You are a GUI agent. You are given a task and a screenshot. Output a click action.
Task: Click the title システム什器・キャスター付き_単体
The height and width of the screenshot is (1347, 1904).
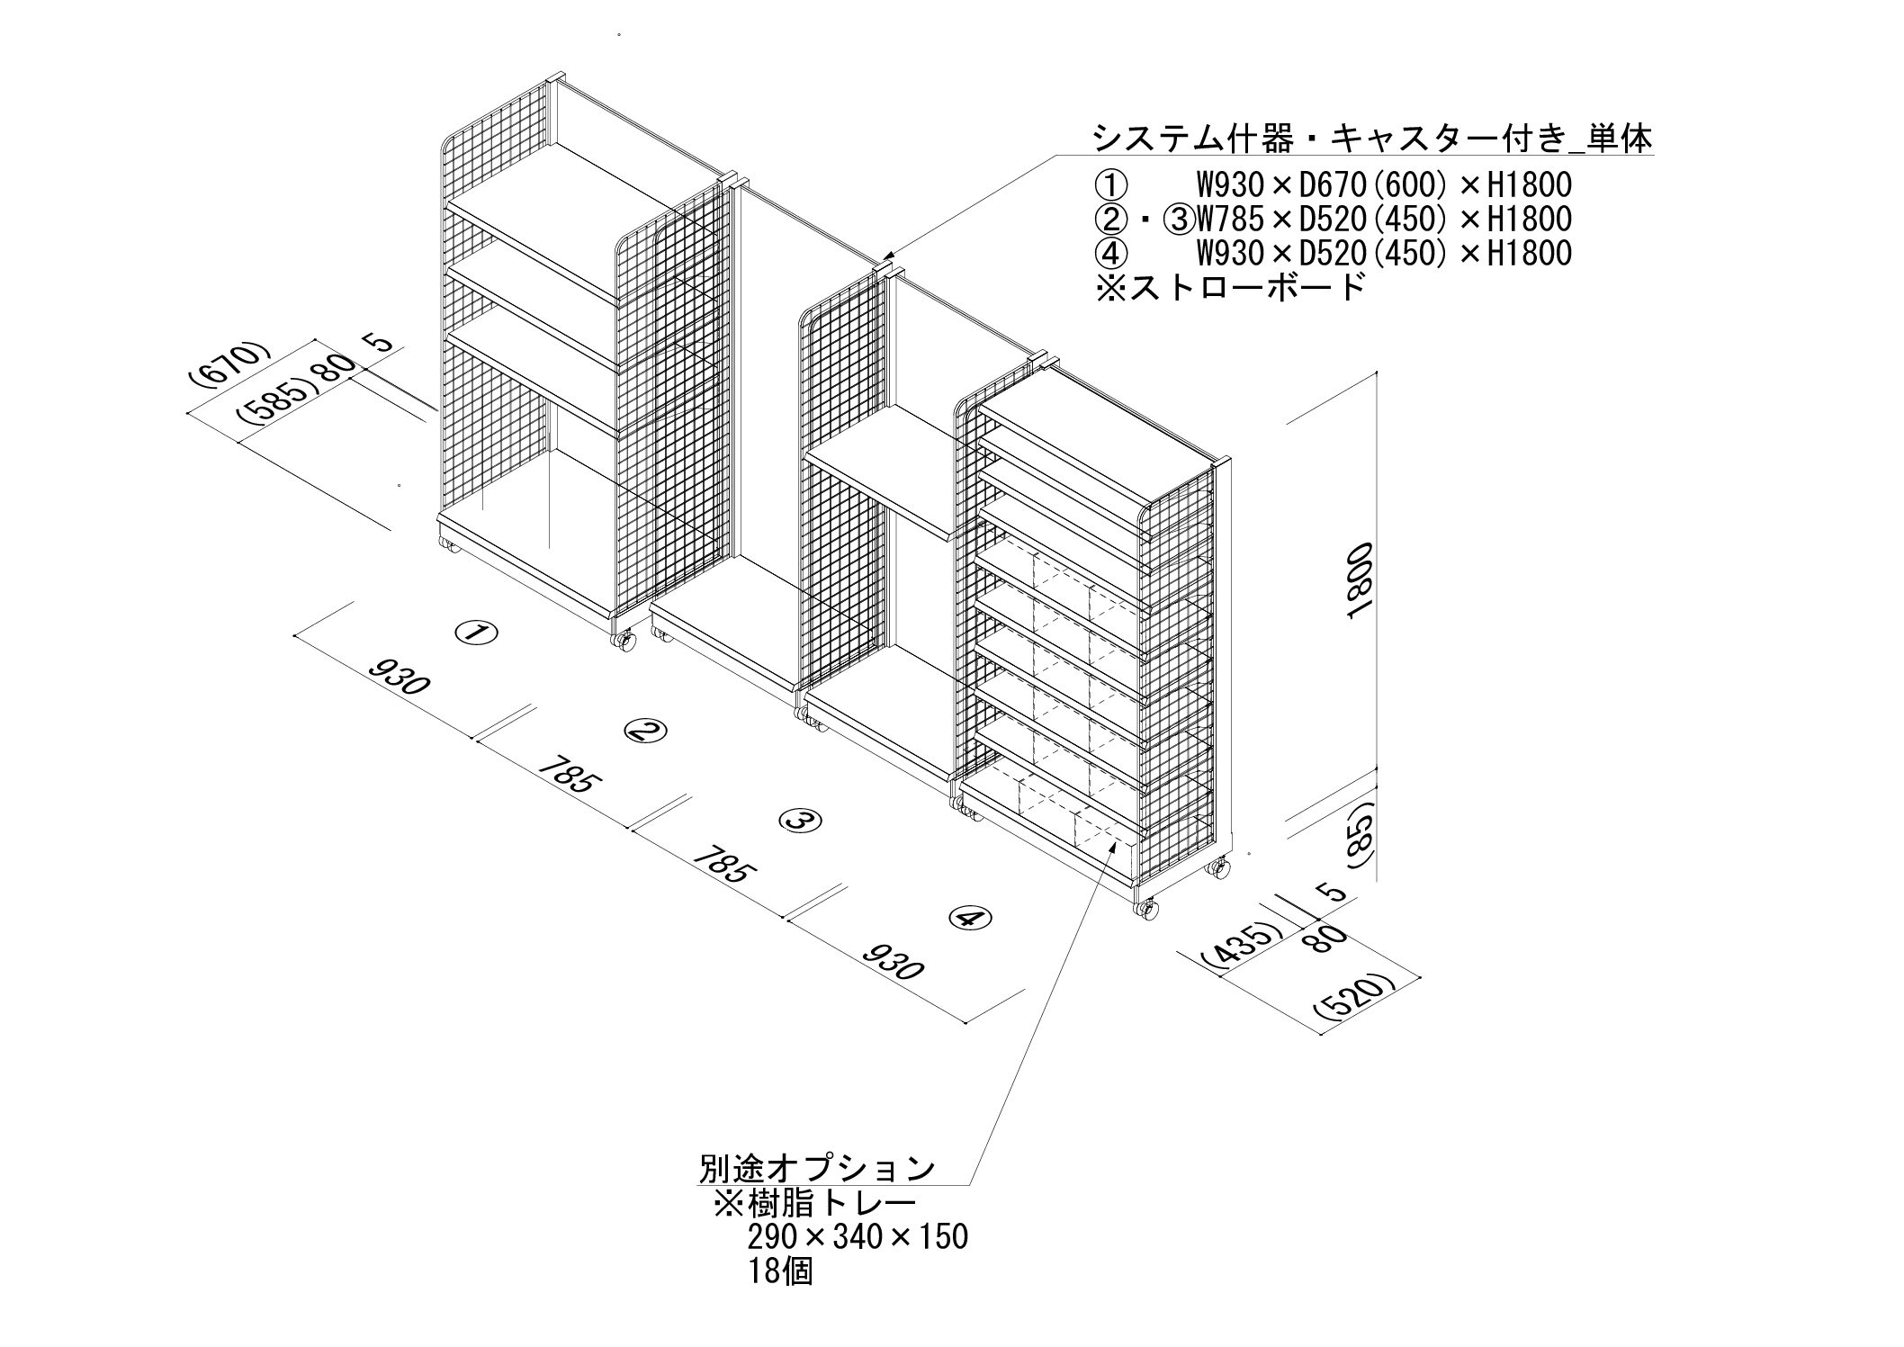pyautogui.click(x=1371, y=140)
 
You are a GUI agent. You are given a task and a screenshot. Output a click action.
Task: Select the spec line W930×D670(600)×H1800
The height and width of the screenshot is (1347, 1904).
pyautogui.click(x=1383, y=185)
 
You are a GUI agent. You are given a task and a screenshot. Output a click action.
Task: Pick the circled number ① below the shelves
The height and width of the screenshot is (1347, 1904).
pyautogui.click(x=475, y=633)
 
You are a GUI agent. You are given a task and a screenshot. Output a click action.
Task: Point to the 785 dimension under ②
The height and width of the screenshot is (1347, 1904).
pyautogui.click(x=565, y=773)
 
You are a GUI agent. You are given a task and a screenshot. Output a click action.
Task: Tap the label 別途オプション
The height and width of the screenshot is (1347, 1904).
pyautogui.click(x=817, y=1169)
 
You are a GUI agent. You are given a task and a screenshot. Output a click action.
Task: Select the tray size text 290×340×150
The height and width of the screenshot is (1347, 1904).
pyautogui.click(x=857, y=1237)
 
